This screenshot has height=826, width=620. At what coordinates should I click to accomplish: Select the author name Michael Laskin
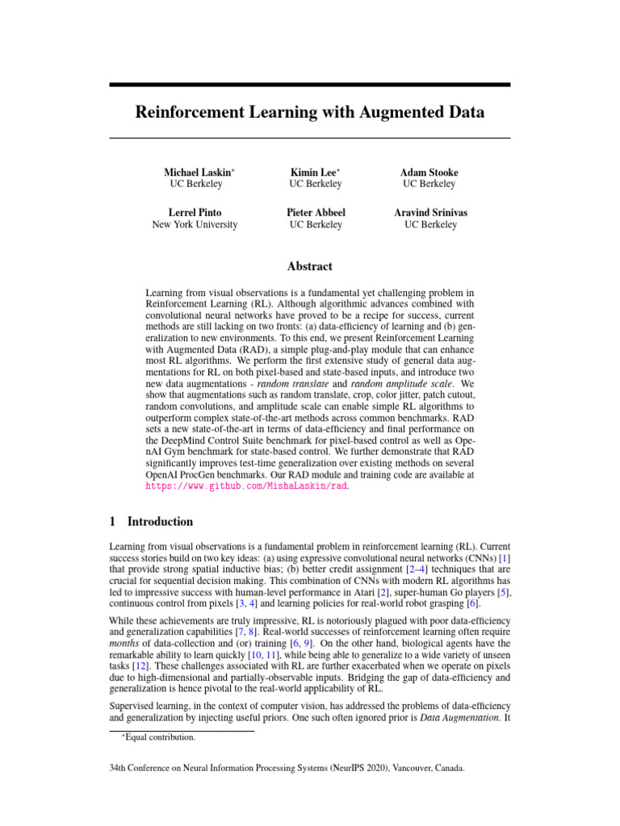[x=198, y=173]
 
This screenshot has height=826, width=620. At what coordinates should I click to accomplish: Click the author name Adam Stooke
[x=429, y=173]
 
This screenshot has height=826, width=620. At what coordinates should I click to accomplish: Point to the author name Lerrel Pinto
[x=195, y=213]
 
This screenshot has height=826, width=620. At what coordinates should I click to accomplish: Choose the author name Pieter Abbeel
[x=316, y=213]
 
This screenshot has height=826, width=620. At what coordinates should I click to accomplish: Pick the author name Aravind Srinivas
[x=430, y=213]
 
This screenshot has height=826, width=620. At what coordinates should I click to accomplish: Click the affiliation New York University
[x=195, y=225]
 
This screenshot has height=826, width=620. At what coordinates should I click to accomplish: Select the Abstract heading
[x=310, y=266]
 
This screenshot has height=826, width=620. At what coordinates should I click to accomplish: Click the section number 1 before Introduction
[x=112, y=522]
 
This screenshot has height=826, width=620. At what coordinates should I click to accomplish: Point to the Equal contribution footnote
[x=161, y=737]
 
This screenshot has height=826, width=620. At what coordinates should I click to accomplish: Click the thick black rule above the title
[x=310, y=85]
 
